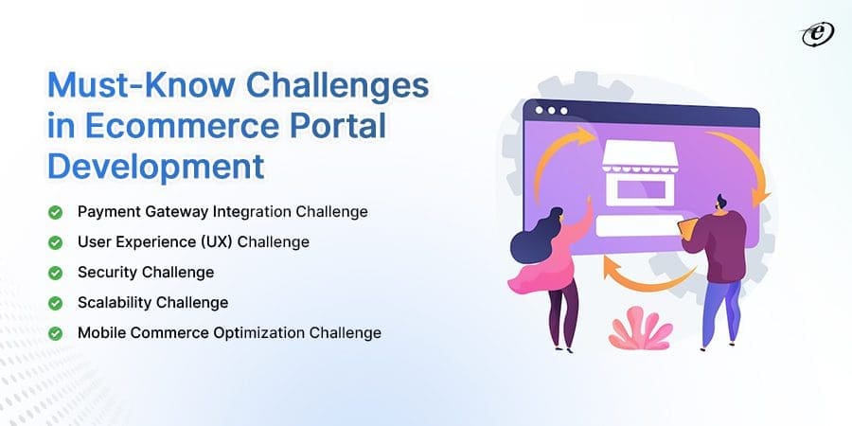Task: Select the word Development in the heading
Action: pos(156,166)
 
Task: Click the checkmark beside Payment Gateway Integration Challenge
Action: pos(57,212)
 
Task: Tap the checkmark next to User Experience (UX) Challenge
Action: pos(57,242)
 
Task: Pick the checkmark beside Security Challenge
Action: pos(57,273)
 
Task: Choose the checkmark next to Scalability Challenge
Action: pos(57,303)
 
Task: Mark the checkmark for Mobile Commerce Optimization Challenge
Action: pos(57,333)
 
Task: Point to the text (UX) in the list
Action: pos(214,242)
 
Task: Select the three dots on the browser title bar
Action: pos(549,110)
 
